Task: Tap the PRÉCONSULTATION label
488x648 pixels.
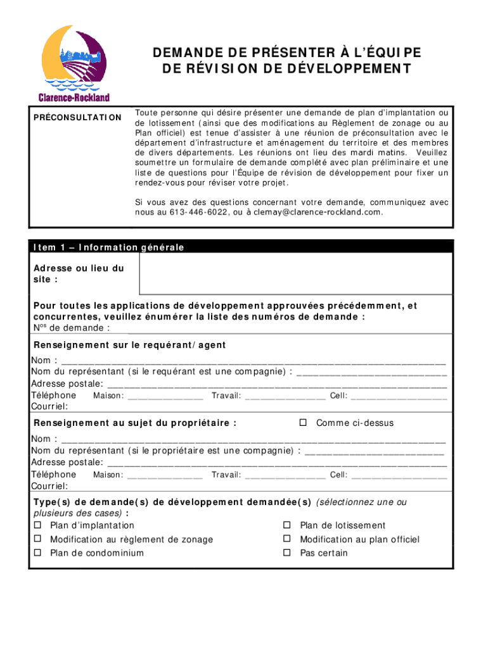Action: click(x=77, y=118)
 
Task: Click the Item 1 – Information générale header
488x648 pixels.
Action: click(x=108, y=247)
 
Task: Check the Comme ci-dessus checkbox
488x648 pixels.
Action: click(x=303, y=423)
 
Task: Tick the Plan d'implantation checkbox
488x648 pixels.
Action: click(x=37, y=525)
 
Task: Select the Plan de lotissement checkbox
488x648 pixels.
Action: click(x=286, y=525)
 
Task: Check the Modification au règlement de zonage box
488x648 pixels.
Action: click(x=37, y=539)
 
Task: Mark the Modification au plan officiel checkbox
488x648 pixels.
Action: click(x=286, y=539)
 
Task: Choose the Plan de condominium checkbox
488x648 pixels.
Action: click(x=37, y=553)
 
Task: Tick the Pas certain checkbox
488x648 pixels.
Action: click(x=286, y=553)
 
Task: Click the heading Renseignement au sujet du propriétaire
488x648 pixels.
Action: click(x=135, y=423)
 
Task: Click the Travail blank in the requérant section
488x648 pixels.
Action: click(x=285, y=397)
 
